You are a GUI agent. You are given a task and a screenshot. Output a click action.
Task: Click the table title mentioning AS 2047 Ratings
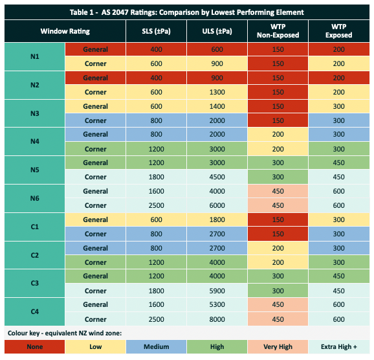tap(187, 12)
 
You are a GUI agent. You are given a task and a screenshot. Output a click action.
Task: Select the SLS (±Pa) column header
tap(156, 31)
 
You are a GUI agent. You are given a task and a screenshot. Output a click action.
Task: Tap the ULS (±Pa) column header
tap(217, 31)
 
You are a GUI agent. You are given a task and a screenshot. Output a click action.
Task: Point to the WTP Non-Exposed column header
tap(278, 31)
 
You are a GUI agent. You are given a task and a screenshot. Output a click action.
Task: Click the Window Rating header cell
tap(65, 31)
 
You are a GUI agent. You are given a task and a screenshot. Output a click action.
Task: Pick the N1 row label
tap(35, 56)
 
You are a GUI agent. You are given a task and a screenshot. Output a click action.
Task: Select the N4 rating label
tap(35, 142)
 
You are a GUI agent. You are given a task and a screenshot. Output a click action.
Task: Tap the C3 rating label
tap(35, 284)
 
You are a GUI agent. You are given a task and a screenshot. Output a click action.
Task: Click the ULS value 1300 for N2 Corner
tap(217, 92)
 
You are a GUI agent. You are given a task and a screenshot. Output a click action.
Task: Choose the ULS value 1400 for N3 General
tap(217, 106)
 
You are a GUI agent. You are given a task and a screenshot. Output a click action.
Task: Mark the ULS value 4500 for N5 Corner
tap(217, 177)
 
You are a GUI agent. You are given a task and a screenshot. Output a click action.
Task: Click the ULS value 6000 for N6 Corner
tap(217, 205)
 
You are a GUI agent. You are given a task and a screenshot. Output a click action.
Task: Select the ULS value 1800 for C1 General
tap(217, 219)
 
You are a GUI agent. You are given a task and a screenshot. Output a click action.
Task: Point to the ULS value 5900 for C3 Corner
tap(217, 291)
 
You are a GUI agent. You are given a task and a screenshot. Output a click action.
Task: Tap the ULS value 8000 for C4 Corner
tap(217, 319)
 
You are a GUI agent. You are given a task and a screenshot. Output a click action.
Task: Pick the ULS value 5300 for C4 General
tap(217, 304)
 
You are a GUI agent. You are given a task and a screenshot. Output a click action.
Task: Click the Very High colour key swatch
tap(278, 346)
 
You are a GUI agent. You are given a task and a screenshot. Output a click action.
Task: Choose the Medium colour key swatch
tap(156, 346)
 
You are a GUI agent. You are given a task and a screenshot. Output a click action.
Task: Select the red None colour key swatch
tap(34, 346)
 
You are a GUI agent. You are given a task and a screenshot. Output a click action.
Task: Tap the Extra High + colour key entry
tap(339, 346)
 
